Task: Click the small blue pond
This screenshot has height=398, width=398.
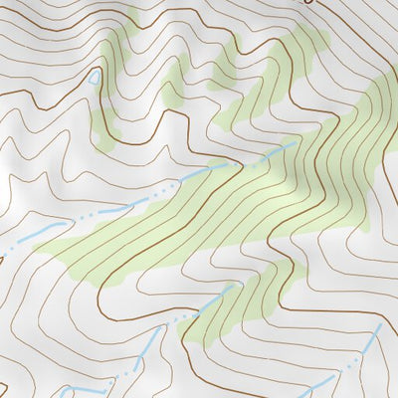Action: point(95,77)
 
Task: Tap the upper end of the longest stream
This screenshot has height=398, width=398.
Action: point(296,143)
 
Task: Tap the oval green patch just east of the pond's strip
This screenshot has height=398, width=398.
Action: point(173,80)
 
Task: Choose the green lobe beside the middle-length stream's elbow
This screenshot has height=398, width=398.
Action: point(214,318)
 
